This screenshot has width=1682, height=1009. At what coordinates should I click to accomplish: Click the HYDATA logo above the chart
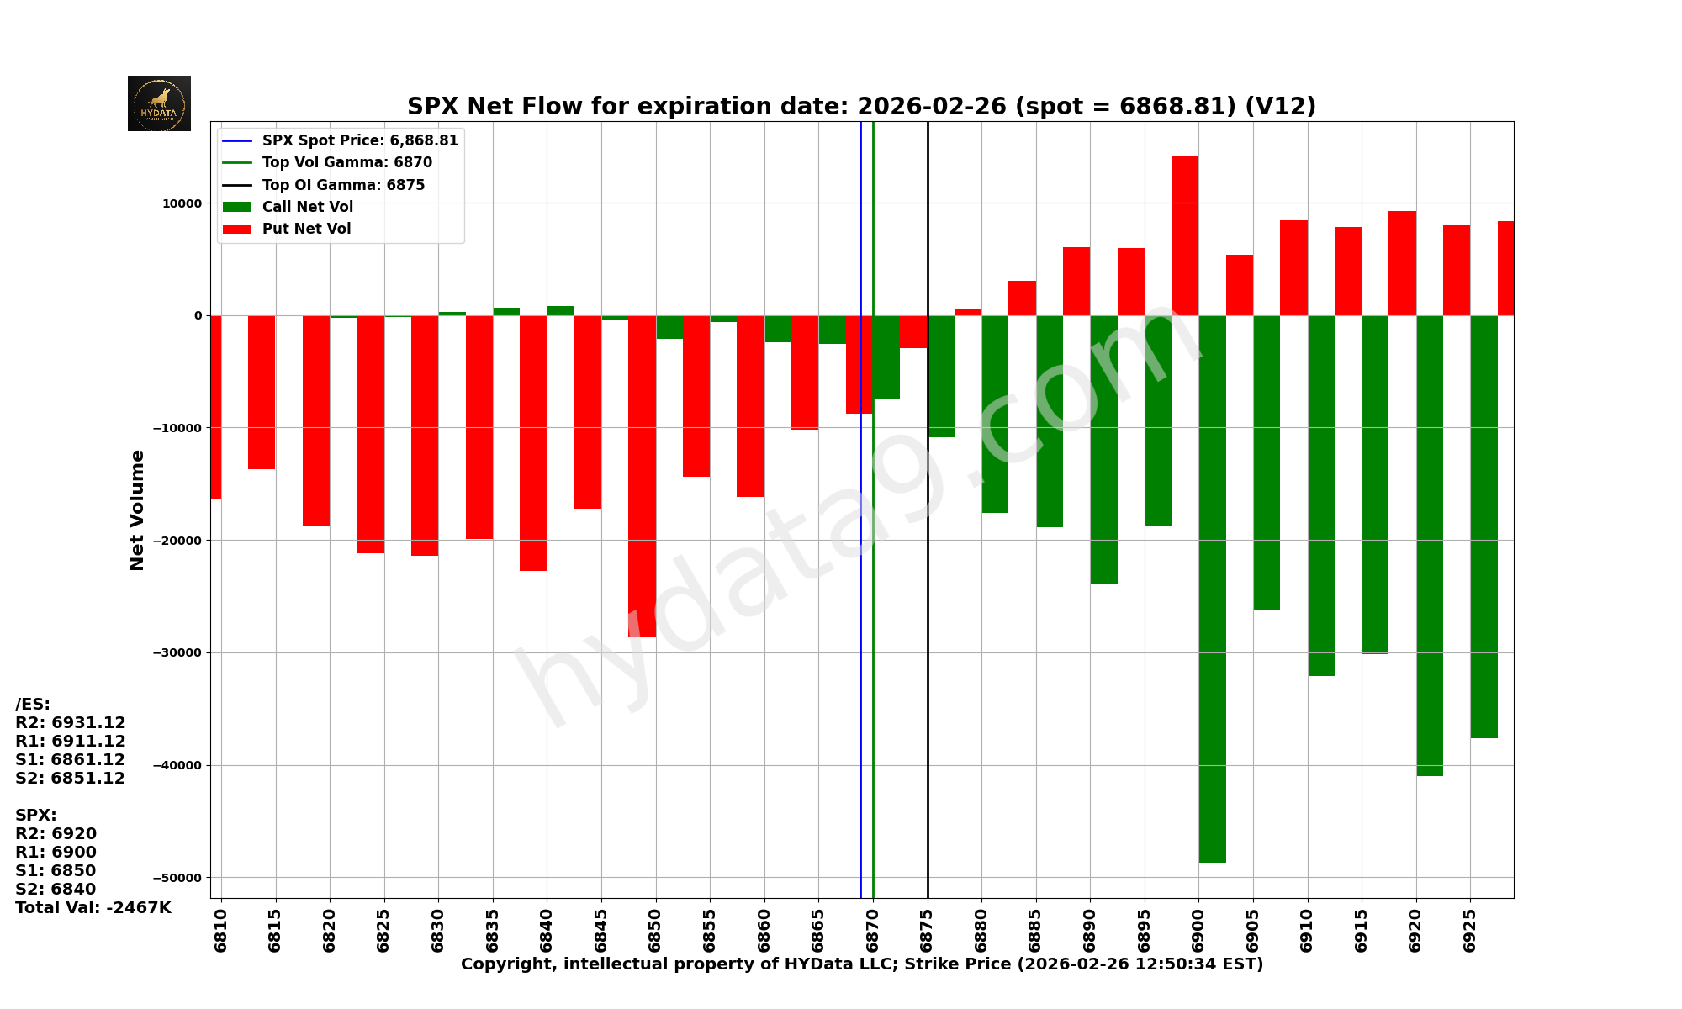pos(159,103)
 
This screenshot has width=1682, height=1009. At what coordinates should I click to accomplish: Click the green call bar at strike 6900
pos(1212,589)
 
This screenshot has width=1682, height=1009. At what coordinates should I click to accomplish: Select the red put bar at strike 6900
pos(1185,235)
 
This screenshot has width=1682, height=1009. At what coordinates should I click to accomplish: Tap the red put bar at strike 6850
pos(642,476)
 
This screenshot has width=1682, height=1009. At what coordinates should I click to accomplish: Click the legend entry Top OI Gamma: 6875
pos(343,185)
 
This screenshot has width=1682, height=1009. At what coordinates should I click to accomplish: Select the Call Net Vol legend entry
pos(307,207)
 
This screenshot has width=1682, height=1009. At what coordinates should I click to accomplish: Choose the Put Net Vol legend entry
pos(306,229)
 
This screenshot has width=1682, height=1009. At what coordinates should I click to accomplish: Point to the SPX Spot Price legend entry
pos(359,140)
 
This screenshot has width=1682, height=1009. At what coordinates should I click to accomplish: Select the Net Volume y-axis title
pos(137,510)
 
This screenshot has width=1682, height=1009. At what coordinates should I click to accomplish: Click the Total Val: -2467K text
pos(93,908)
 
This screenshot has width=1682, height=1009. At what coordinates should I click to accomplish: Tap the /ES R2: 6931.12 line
pos(71,723)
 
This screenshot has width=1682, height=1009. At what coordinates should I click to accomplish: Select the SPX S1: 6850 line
pos(56,871)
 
